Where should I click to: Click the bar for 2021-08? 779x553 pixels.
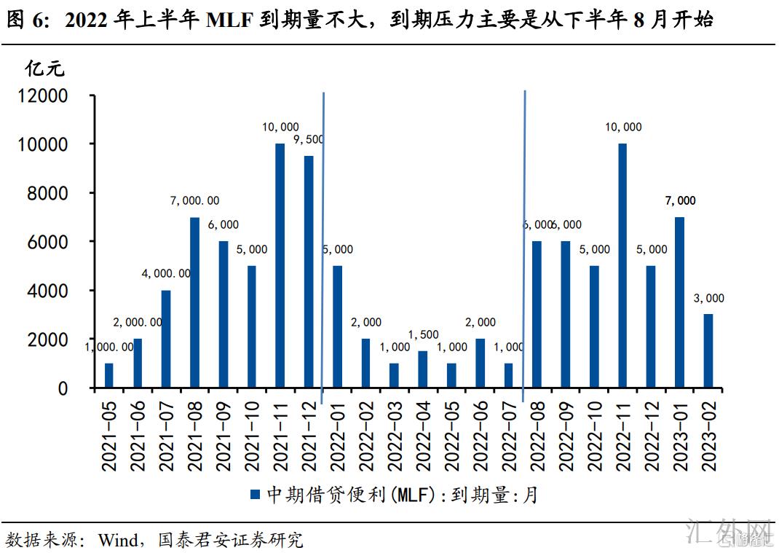[194, 302]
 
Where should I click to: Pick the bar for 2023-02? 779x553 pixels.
[708, 350]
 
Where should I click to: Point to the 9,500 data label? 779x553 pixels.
[309, 139]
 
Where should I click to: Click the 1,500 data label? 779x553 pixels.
[423, 335]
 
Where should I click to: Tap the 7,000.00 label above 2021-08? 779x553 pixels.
[194, 201]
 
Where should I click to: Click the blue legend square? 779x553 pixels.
[256, 495]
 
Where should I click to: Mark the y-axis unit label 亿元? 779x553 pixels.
[45, 69]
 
